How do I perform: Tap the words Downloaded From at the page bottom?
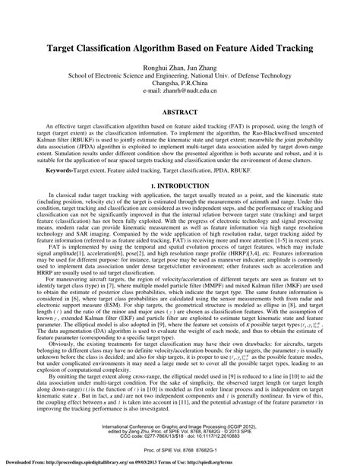click(x=22, y=461)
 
